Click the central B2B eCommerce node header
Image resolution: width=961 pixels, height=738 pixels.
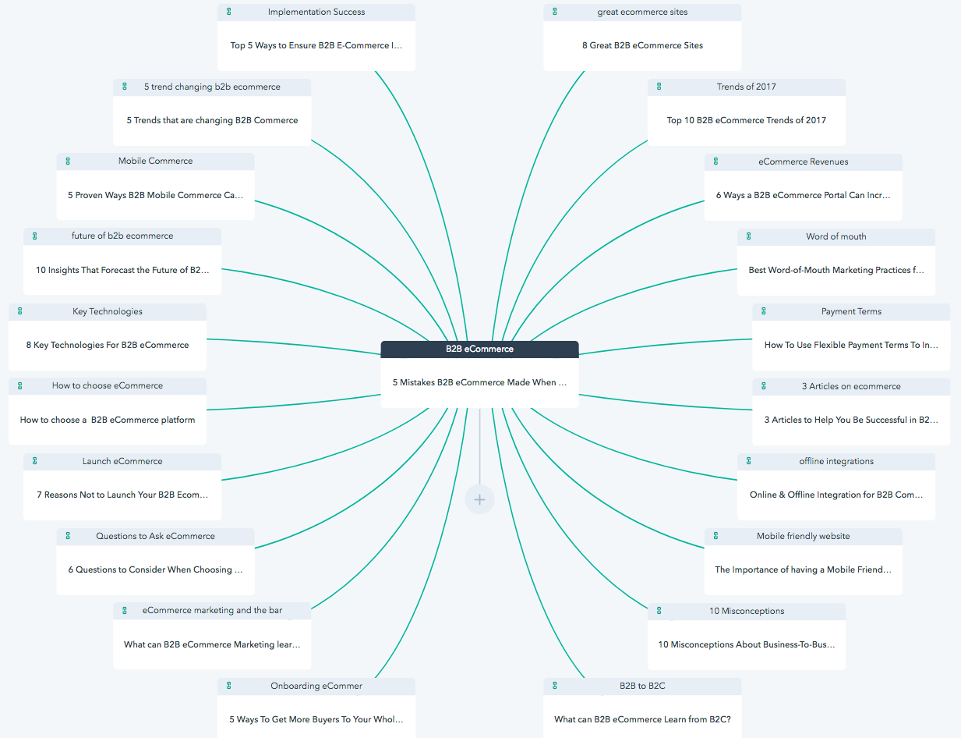coord(479,349)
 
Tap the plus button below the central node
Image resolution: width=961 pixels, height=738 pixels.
coord(479,499)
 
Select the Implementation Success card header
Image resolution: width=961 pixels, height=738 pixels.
coord(316,12)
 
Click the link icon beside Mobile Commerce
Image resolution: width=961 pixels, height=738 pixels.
coord(68,161)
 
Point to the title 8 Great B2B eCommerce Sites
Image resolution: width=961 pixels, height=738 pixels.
coord(642,45)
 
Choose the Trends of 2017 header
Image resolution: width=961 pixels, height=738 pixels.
coord(747,87)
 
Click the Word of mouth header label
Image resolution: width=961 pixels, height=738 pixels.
coord(836,236)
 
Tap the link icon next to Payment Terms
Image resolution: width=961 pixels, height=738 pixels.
coord(763,311)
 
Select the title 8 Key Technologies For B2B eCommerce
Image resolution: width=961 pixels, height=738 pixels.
coord(108,345)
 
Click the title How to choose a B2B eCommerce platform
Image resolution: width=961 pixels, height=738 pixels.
coord(108,420)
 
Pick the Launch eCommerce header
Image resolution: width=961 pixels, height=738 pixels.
coord(122,461)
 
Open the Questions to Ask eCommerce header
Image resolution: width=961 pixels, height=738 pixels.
coord(155,536)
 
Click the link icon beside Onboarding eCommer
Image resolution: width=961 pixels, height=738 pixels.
coord(228,686)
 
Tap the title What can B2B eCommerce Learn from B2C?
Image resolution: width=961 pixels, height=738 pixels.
coord(642,719)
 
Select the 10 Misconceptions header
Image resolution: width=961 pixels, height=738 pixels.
coord(747,611)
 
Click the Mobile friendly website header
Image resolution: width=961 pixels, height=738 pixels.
coord(803,536)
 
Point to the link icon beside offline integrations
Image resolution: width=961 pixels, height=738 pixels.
coord(748,461)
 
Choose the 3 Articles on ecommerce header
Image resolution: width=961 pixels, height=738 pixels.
coord(851,386)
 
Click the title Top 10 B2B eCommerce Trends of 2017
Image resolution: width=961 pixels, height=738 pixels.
coord(747,120)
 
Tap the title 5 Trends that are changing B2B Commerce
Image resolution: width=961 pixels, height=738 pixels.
coord(212,120)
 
